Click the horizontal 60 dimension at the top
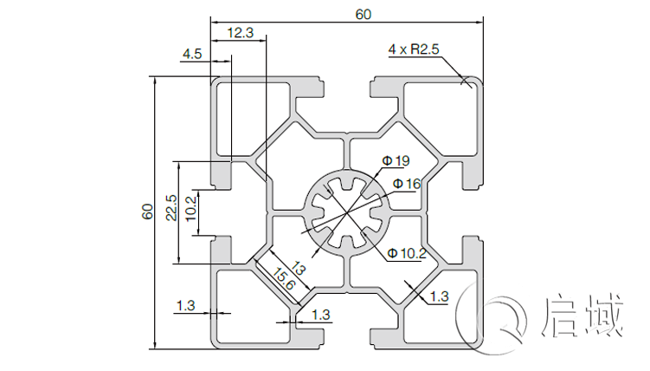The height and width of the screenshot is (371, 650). pos(363,13)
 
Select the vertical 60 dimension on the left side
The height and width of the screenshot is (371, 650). pos(148,212)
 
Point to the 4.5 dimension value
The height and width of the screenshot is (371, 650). pos(192,54)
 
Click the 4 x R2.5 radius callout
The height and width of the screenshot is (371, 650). pos(415,49)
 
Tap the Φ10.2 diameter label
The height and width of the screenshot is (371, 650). pos(407,253)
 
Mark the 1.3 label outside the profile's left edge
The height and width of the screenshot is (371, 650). pos(186,304)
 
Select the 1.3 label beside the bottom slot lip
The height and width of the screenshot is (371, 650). pos(320,315)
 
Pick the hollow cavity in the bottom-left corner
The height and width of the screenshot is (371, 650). pos(252,308)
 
